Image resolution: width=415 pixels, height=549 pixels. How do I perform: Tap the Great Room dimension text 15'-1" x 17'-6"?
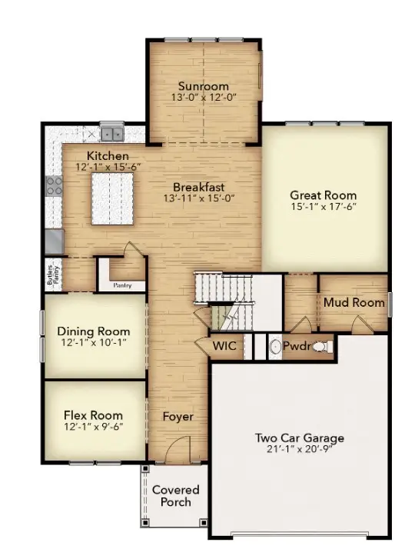324,206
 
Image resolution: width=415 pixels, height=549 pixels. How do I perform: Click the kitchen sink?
111,133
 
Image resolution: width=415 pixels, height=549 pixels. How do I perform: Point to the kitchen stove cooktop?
54,185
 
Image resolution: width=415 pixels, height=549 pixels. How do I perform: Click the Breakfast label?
198,187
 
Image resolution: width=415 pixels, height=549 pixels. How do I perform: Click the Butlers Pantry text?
50,274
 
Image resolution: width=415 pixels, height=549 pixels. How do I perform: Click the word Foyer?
178,417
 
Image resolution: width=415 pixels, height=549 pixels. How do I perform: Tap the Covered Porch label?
175,496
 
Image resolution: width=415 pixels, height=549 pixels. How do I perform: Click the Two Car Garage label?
300,438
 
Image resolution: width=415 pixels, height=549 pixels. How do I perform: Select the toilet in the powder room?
321,348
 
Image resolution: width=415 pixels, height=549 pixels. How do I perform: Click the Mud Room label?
354,302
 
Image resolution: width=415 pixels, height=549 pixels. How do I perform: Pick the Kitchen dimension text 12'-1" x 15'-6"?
108,167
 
